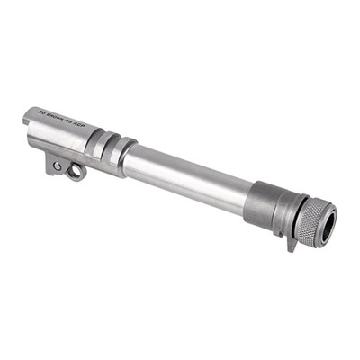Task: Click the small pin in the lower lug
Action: pyautogui.click(x=58, y=166)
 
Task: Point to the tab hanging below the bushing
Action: pyautogui.click(x=291, y=242)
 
